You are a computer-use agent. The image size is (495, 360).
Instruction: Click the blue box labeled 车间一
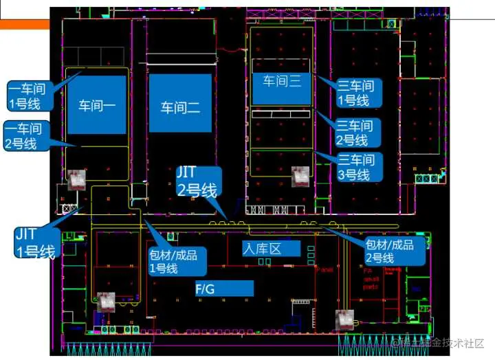(97, 104)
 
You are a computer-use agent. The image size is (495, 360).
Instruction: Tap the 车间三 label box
(282, 81)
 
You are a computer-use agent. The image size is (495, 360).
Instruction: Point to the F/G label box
(224, 289)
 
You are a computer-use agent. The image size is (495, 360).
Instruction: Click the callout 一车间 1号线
(24, 95)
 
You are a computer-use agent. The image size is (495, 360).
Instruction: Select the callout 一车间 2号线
(23, 136)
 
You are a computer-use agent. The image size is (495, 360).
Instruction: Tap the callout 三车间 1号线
(355, 93)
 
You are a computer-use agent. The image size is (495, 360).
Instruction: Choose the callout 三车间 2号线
(354, 133)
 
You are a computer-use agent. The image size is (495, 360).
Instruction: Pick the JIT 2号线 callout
(199, 181)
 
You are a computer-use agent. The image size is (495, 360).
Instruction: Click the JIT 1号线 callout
(34, 242)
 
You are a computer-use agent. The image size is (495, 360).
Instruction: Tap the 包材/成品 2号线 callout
(389, 251)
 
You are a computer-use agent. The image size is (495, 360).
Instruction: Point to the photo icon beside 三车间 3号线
(300, 176)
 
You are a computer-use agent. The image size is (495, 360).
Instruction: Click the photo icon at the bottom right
(344, 319)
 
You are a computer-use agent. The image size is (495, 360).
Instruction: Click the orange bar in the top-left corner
(25, 23)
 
